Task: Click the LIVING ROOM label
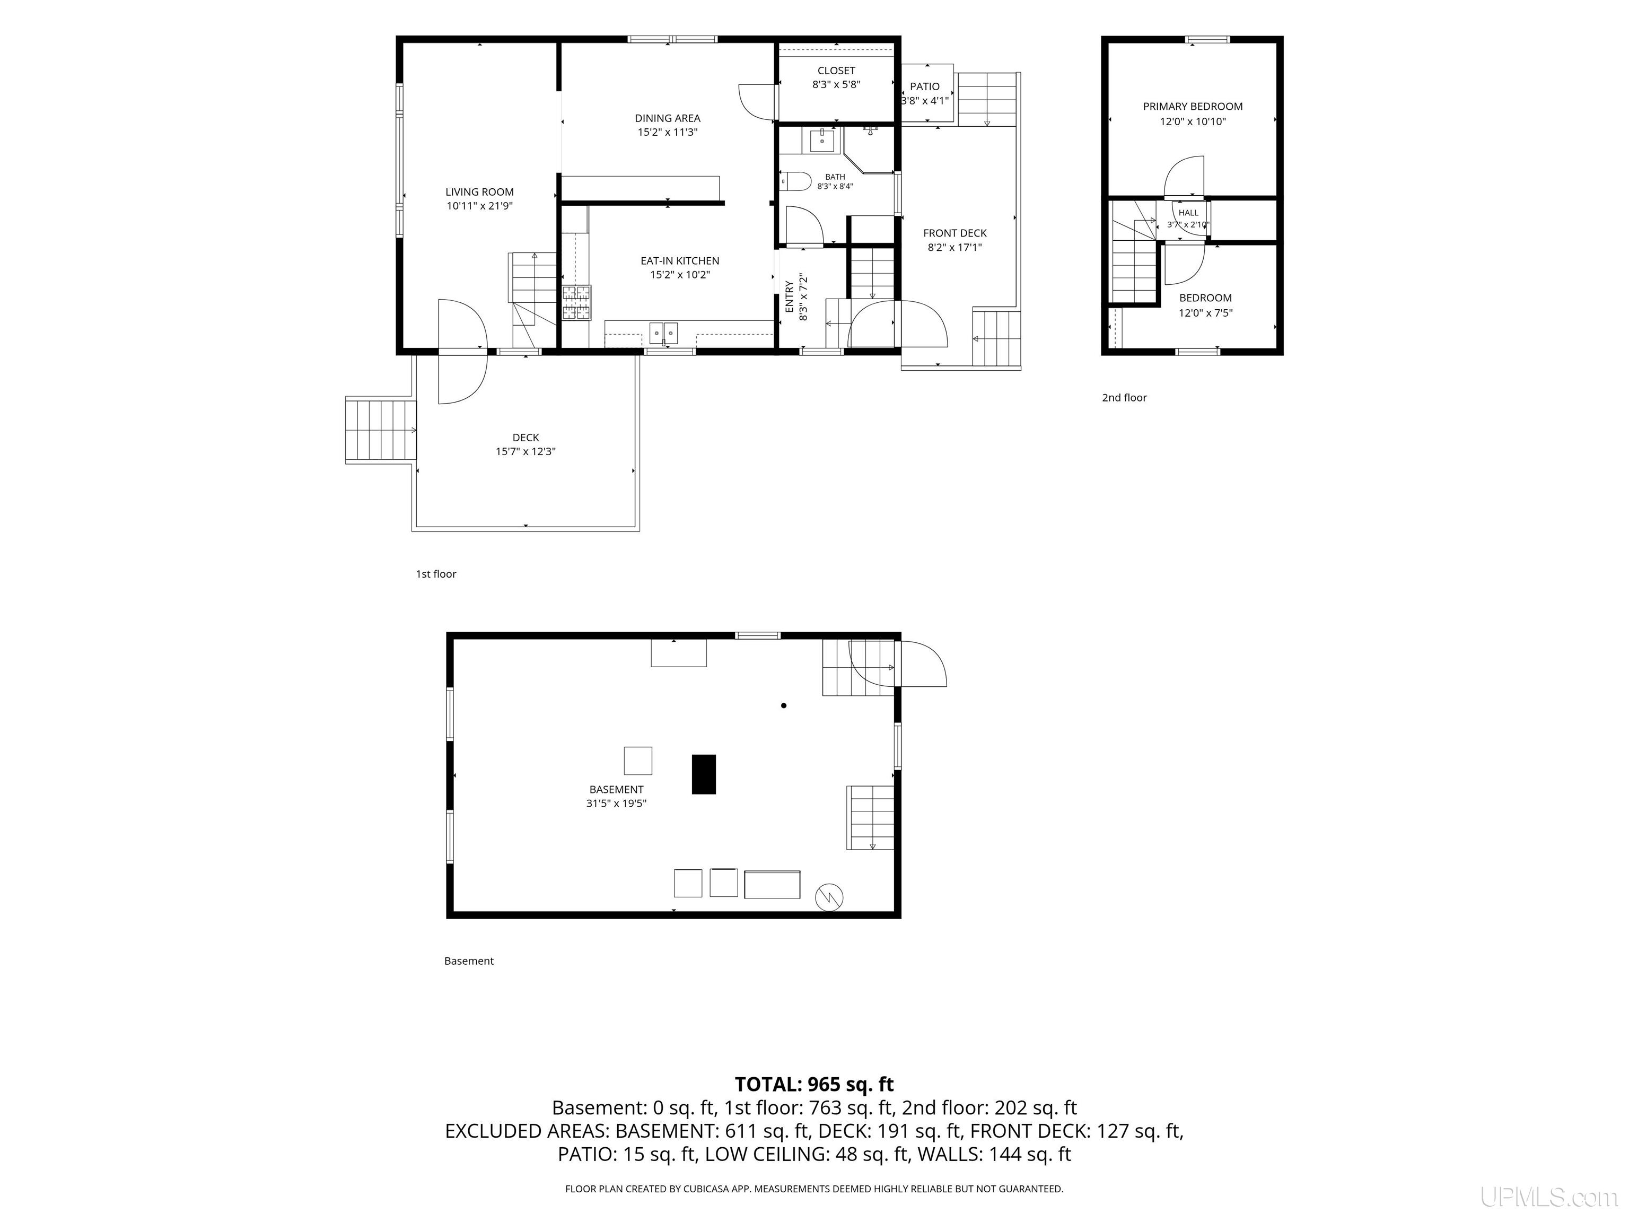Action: pyautogui.click(x=479, y=192)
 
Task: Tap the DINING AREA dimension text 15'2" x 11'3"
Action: pyautogui.click(x=667, y=133)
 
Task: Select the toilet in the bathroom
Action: pyautogui.click(x=795, y=180)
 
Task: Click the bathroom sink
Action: pyautogui.click(x=822, y=139)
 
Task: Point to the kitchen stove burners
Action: pyautogui.click(x=576, y=302)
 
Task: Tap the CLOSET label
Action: pyautogui.click(x=836, y=71)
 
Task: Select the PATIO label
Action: pyautogui.click(x=925, y=86)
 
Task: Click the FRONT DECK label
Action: pyautogui.click(x=954, y=233)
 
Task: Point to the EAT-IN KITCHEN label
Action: pyautogui.click(x=680, y=261)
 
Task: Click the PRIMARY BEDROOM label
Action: pyautogui.click(x=1192, y=107)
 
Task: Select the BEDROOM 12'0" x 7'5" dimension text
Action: pyautogui.click(x=1205, y=313)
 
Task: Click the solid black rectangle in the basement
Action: pyautogui.click(x=703, y=774)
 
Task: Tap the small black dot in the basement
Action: pyautogui.click(x=784, y=705)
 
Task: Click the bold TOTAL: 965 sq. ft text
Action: pyautogui.click(x=814, y=1084)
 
